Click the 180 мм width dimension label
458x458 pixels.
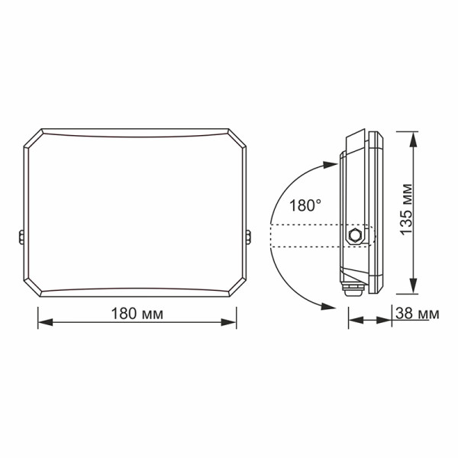tap(137, 314)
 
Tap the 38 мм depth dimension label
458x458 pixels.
tap(418, 314)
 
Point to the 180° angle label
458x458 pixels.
tap(305, 205)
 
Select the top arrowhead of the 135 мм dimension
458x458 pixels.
tap(413, 137)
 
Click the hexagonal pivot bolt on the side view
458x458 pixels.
tap(353, 235)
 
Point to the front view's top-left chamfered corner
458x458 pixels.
tap(33, 138)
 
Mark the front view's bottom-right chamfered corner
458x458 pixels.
tap(238, 288)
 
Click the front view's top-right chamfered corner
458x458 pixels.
tap(238, 138)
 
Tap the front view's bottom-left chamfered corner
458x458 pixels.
tap(33, 288)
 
